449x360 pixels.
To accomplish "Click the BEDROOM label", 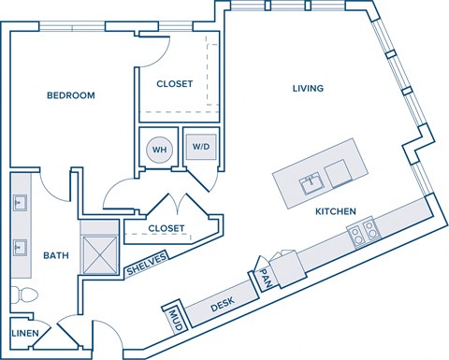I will [72, 95].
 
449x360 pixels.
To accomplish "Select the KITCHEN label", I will [336, 212].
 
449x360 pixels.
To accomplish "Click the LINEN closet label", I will [25, 333].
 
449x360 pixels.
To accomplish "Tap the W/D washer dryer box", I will [200, 147].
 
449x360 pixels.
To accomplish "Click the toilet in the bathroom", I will [25, 296].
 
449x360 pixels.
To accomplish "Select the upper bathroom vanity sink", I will [20, 201].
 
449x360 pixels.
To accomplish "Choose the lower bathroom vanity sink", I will [20, 247].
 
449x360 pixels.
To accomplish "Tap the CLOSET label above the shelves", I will [167, 228].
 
